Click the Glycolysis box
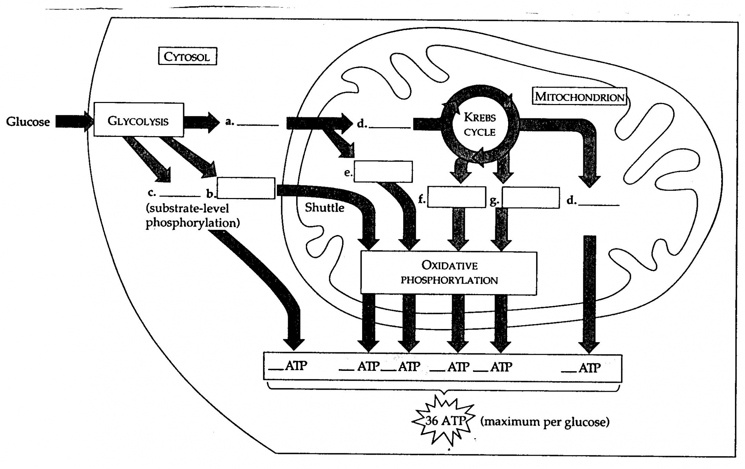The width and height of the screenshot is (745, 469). pyautogui.click(x=138, y=120)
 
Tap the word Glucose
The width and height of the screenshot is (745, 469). pyautogui.click(x=28, y=122)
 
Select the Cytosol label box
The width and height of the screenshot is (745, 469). pyautogui.click(x=187, y=57)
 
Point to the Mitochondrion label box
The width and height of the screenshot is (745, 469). pyautogui.click(x=579, y=96)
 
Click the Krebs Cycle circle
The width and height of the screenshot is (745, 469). pyautogui.click(x=480, y=124)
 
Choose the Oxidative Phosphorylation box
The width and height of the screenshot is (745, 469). pyautogui.click(x=449, y=273)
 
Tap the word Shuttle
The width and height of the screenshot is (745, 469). pyautogui.click(x=324, y=208)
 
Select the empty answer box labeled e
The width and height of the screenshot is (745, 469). pyautogui.click(x=383, y=171)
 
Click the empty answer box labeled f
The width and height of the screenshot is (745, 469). pyautogui.click(x=457, y=197)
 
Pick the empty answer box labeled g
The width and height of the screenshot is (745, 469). pyautogui.click(x=530, y=198)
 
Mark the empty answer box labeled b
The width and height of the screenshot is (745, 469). pyautogui.click(x=246, y=188)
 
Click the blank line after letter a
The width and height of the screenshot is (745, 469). pyautogui.click(x=258, y=124)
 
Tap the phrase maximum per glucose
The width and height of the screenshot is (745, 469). pyautogui.click(x=545, y=422)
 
